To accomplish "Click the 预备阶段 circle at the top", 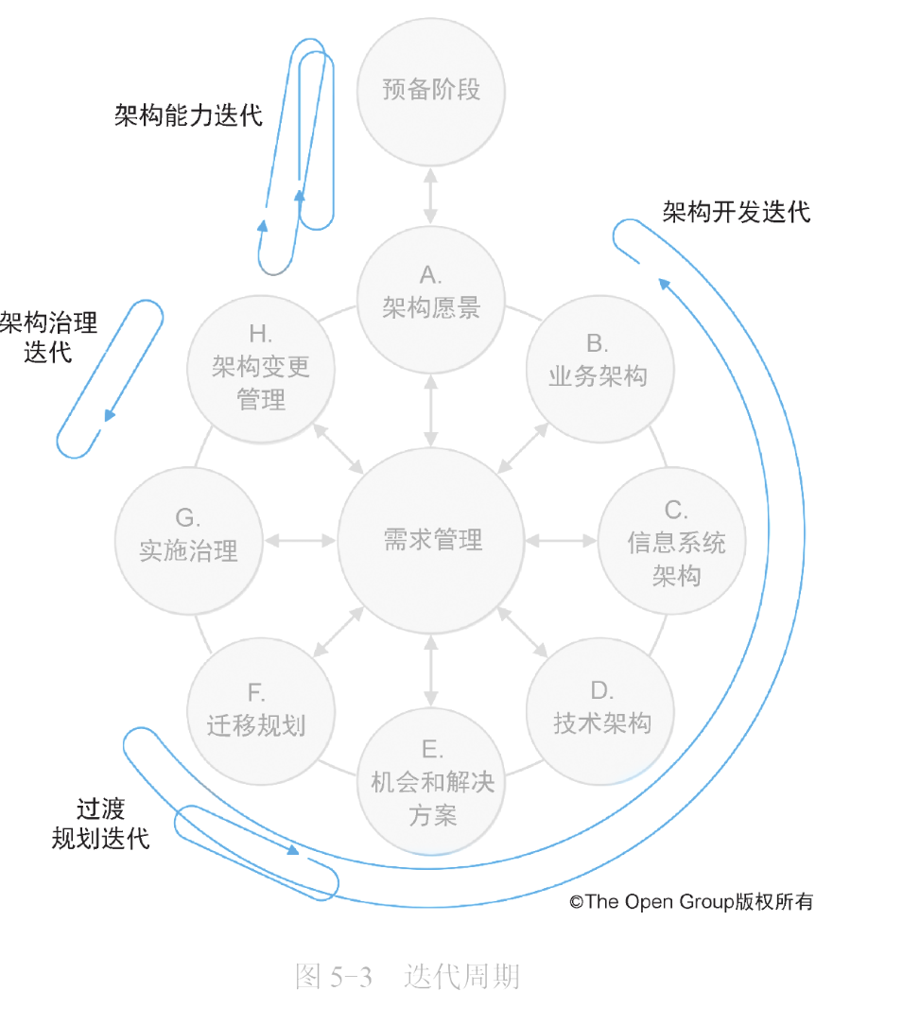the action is click(430, 92).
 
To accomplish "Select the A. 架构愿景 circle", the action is click(430, 301).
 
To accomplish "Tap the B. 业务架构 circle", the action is click(600, 369).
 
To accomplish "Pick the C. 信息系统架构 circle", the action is click(672, 541).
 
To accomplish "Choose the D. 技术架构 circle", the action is click(600, 711).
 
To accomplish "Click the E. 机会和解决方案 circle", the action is click(430, 781).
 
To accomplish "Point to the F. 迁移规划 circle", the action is click(261, 711).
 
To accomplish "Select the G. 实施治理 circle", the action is click(189, 541).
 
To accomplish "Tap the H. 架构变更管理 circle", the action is click(261, 369).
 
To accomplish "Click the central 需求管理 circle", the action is click(430, 541).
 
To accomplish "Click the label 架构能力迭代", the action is click(188, 115).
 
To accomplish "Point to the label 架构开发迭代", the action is click(737, 212).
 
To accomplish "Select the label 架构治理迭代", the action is click(48, 337).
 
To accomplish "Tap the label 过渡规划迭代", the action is click(101, 824).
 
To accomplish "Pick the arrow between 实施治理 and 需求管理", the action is click(301, 541).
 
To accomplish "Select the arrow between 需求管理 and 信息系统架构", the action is click(562, 541).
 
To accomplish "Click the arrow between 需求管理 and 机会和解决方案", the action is click(430, 670).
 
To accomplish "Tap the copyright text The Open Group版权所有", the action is click(691, 902).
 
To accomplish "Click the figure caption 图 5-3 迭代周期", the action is click(408, 976).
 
